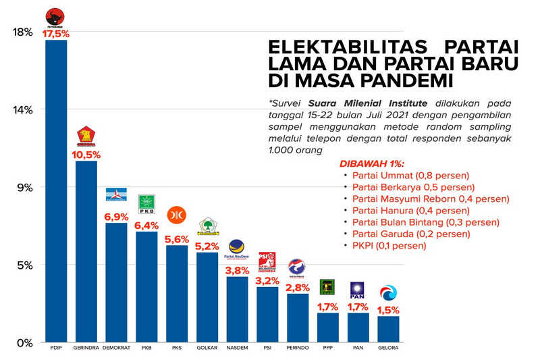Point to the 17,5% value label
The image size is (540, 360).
coord(56,33)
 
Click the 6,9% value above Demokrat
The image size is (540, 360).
coord(116,216)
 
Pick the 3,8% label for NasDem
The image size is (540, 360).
coord(237,270)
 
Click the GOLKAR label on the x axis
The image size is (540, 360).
coord(207,348)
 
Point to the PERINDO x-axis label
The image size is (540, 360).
coord(298,348)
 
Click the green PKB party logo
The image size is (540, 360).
coord(146,203)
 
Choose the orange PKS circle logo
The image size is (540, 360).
coord(177,215)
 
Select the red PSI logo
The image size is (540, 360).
coord(267,260)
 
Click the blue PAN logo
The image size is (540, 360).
coord(358,290)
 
